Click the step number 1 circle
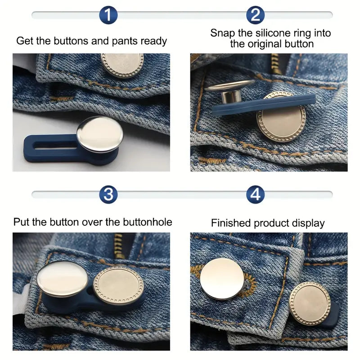pyautogui.click(x=108, y=15)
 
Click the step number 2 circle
pyautogui.click(x=255, y=15)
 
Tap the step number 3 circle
pyautogui.click(x=108, y=194)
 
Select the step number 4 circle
pyautogui.click(x=255, y=194)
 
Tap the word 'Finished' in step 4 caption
pyautogui.click(x=230, y=223)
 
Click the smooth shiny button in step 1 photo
pyautogui.click(x=100, y=134)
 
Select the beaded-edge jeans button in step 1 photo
pyautogui.click(x=122, y=65)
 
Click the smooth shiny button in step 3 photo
pyautogui.click(x=62, y=279)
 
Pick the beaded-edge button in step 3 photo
pyautogui.click(x=118, y=285)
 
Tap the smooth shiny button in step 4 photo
pyautogui.click(x=222, y=279)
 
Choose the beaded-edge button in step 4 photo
pyautogui.click(x=310, y=303)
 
